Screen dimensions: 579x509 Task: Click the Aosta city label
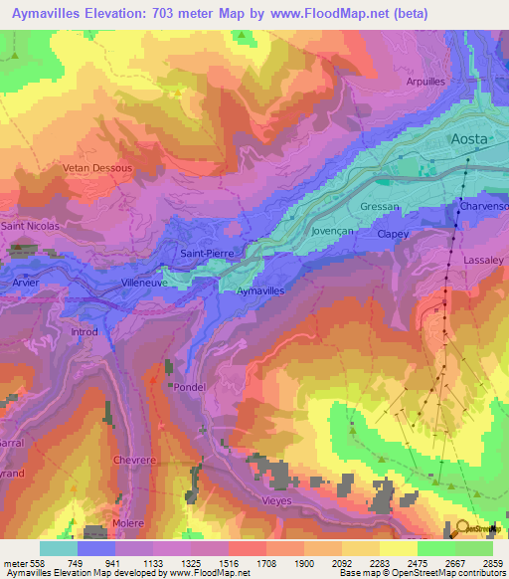[470, 139]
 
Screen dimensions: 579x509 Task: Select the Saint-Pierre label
[207, 254]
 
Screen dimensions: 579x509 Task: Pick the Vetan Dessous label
[98, 168]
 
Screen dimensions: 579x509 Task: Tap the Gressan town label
[380, 207]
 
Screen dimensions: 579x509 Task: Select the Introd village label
[86, 332]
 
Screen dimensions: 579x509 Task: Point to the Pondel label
[188, 387]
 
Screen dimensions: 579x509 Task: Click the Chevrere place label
[137, 461]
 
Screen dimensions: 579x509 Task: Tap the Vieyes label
[276, 500]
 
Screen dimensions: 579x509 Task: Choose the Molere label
[128, 523]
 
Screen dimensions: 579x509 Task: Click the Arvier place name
[27, 282]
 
